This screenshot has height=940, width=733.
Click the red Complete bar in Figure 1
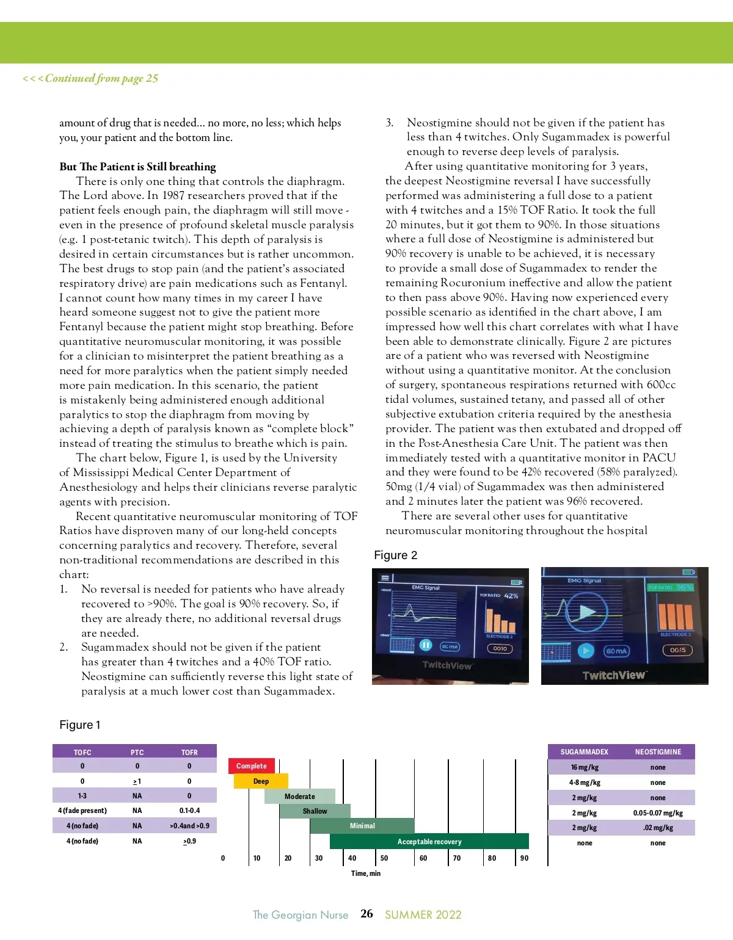pos(252,766)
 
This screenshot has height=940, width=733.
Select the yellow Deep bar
pos(261,781)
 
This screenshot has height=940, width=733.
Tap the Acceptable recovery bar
pos(429,842)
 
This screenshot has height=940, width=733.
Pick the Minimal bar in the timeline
pos(362,826)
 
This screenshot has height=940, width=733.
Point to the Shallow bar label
pos(315,811)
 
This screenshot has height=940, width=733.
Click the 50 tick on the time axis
pos(384,858)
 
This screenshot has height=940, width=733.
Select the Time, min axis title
pos(365,873)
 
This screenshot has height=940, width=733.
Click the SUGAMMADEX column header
pos(585,752)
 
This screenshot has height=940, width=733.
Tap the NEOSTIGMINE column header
pos(658,752)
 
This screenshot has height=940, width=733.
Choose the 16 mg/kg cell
pos(585,767)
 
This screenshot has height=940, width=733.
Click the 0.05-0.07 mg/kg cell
pos(658,813)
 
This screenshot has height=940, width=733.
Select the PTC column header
pos(137,753)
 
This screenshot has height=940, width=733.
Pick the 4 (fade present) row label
pos(82,811)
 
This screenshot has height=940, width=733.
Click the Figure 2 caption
pos(396,555)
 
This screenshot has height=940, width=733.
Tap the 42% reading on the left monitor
pos(511,596)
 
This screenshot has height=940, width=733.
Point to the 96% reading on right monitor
pos(685,587)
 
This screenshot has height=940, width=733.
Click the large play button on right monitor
pos(586,611)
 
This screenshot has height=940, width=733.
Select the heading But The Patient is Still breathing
pos(137,167)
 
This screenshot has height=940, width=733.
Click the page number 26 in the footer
pos(366,914)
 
